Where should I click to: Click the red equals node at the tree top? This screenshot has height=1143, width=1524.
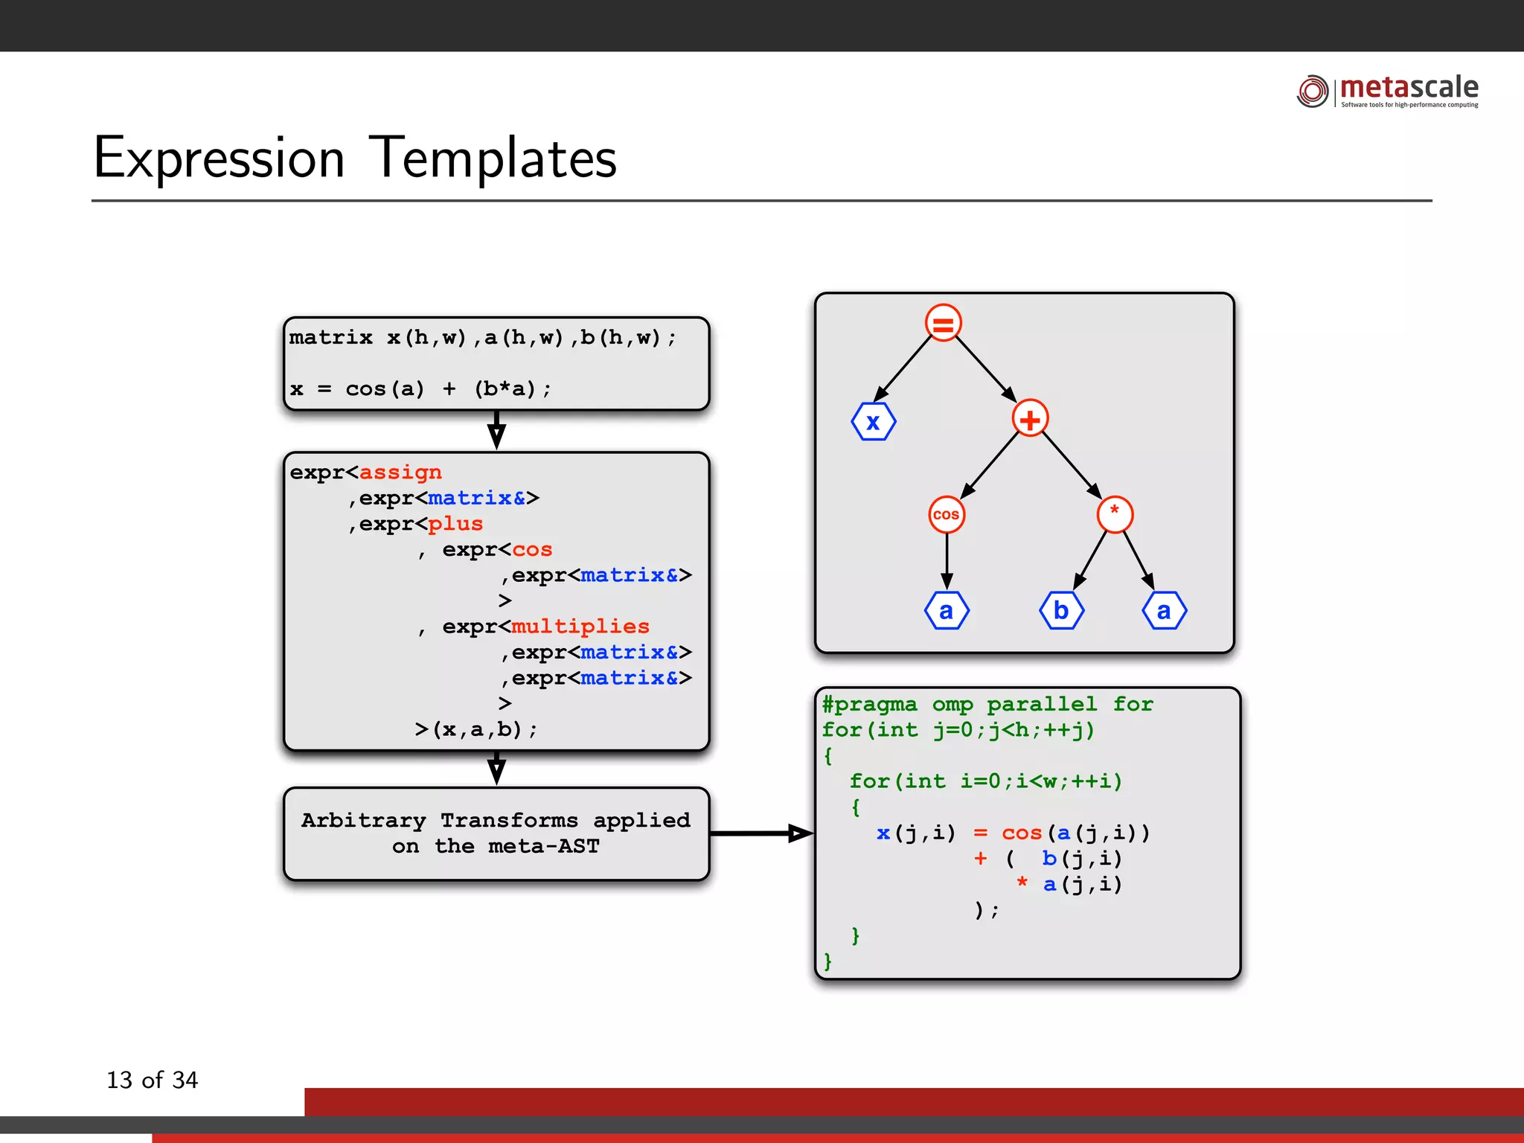pyautogui.click(x=943, y=324)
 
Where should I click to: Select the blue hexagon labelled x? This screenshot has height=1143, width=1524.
pyautogui.click(x=873, y=422)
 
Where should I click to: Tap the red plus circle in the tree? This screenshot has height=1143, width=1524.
pyautogui.click(x=1030, y=419)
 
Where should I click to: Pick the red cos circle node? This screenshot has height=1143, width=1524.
pyautogui.click(x=946, y=514)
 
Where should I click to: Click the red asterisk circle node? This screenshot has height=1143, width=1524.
pyautogui.click(x=1114, y=514)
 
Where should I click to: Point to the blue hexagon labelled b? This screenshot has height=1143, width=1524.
pyautogui.click(x=1061, y=611)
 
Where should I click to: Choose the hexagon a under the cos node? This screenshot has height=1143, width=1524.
pyautogui.click(x=946, y=611)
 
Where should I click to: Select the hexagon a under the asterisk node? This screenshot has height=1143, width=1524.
pyautogui.click(x=1164, y=611)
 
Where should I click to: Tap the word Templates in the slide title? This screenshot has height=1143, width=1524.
pyautogui.click(x=493, y=159)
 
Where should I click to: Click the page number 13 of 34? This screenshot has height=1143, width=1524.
pyautogui.click(x=153, y=1080)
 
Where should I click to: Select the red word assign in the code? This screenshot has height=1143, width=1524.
pyautogui.click(x=400, y=473)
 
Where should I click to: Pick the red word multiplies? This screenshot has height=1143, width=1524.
pyautogui.click(x=580, y=627)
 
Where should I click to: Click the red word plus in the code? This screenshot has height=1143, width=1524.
pyautogui.click(x=455, y=524)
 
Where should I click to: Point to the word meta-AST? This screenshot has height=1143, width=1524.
pyautogui.click(x=543, y=846)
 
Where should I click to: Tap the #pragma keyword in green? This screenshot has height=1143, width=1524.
pyautogui.click(x=869, y=704)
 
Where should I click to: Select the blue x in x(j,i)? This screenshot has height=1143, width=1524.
pyautogui.click(x=883, y=833)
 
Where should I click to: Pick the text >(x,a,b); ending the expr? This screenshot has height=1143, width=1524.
pyautogui.click(x=476, y=729)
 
